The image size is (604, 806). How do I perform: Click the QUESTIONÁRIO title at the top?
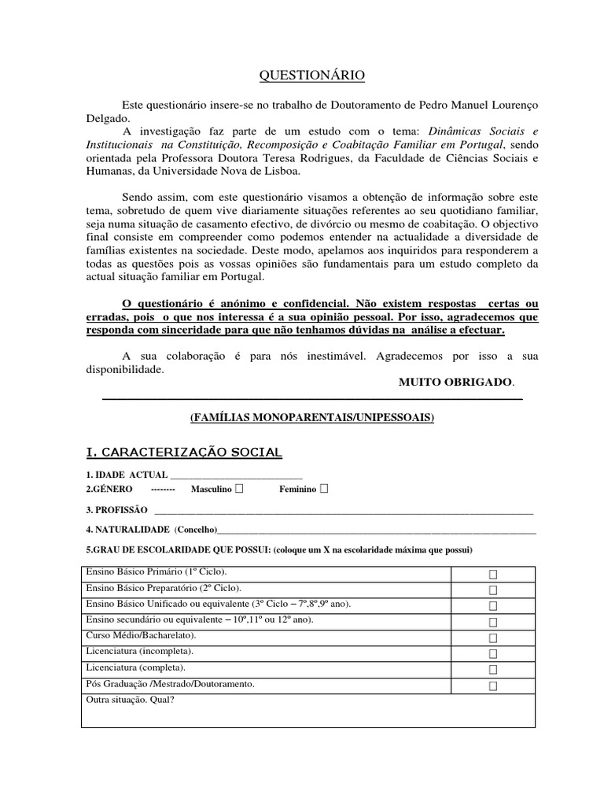pyautogui.click(x=312, y=75)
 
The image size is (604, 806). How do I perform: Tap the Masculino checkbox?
pyautogui.click(x=239, y=489)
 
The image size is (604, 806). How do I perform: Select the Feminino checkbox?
pyautogui.click(x=324, y=489)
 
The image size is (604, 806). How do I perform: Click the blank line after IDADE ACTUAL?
pyautogui.click(x=236, y=475)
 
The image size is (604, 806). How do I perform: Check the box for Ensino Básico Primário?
pyautogui.click(x=493, y=575)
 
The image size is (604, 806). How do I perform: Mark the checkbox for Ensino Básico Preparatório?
pyautogui.click(x=493, y=590)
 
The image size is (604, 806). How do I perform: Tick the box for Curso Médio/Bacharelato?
pyautogui.click(x=493, y=638)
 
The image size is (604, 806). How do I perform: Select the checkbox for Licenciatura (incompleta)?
pyautogui.click(x=493, y=654)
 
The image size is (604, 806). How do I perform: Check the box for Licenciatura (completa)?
pyautogui.click(x=493, y=670)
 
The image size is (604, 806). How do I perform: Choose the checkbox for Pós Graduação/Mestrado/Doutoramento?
pyautogui.click(x=493, y=686)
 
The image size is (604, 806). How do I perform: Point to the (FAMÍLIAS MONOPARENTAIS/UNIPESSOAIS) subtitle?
pyautogui.click(x=312, y=418)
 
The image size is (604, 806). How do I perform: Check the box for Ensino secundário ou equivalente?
pyautogui.click(x=493, y=623)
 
